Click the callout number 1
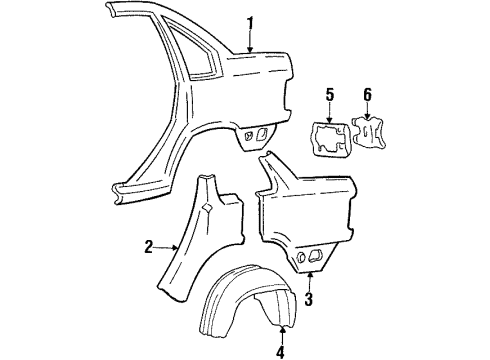click(x=251, y=22)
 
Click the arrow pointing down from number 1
click(x=251, y=42)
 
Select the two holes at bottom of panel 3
click(x=305, y=258)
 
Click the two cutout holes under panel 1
click(x=254, y=133)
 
